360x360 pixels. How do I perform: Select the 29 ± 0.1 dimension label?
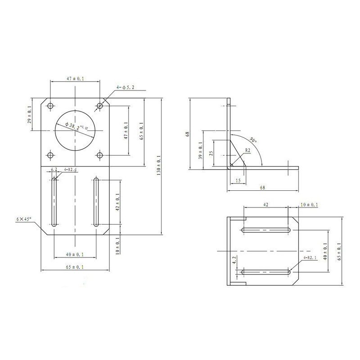click(30, 115)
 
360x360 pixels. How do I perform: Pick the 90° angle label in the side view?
click(253, 141)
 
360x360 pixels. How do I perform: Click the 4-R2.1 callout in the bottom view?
click(310, 258)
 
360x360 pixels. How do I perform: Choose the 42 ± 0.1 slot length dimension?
click(118, 202)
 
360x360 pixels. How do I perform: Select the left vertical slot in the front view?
click(54, 202)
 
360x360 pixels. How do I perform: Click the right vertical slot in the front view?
click(96, 202)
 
